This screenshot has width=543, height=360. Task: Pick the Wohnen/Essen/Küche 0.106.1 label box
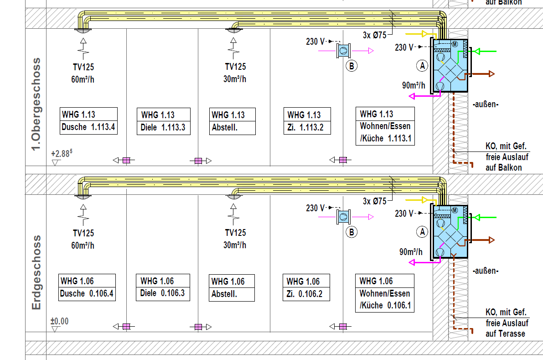[x=385, y=293]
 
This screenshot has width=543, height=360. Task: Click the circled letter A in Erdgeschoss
[x=423, y=232]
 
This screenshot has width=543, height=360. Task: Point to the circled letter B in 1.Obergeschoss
[x=352, y=66]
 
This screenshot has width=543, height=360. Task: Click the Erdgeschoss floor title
[x=37, y=272]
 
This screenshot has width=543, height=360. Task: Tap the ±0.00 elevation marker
[x=60, y=321]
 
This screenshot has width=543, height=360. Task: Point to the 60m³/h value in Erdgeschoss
[x=83, y=245]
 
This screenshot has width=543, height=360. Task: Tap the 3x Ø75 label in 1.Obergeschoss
[x=375, y=35]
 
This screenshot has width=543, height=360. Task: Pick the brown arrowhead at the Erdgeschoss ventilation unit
[x=491, y=240]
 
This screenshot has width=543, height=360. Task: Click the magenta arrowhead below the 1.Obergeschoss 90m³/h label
[x=412, y=96]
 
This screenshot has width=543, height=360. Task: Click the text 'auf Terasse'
[x=505, y=334]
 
